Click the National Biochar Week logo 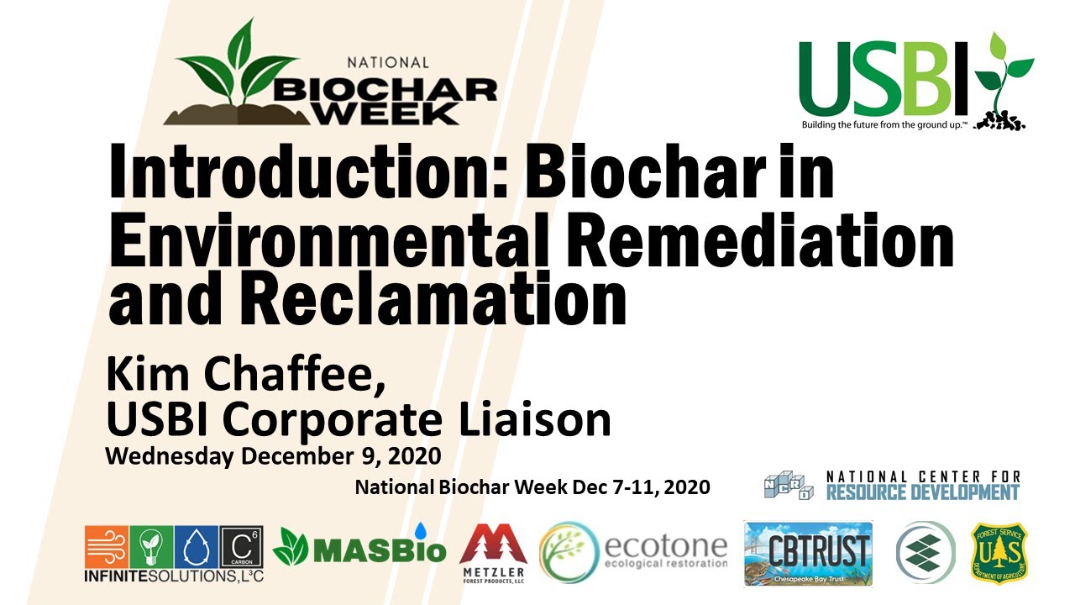(x=336, y=80)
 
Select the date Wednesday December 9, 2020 (x=273, y=457)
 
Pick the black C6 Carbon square (x=241, y=547)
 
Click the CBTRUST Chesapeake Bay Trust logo (x=808, y=553)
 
